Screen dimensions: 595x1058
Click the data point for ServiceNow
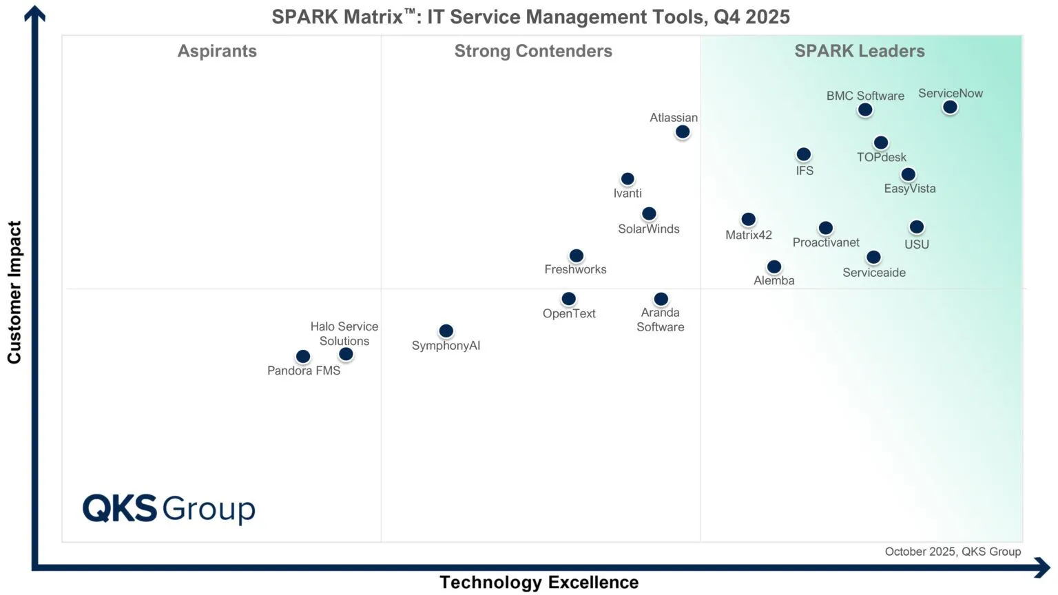950,107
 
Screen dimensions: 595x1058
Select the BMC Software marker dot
865,109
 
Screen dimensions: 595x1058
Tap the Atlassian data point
682,132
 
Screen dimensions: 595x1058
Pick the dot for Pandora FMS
303,356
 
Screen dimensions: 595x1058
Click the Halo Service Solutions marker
346,354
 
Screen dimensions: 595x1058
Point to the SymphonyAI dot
446,331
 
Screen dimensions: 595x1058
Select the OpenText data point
568,299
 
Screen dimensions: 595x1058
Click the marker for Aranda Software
661,299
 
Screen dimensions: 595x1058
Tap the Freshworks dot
577,255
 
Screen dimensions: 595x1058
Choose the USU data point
916,227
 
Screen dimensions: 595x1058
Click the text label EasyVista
909,189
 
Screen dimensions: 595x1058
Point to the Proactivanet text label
825,242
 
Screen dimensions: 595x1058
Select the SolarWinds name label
648,229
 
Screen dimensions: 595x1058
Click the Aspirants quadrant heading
217,51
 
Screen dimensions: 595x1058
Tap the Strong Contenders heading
533,51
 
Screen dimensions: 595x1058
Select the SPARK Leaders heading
859,51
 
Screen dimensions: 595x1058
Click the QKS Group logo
169,509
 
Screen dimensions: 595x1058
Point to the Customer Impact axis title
14,292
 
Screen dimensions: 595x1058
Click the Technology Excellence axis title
539,583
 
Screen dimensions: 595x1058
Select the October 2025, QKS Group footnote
953,552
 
